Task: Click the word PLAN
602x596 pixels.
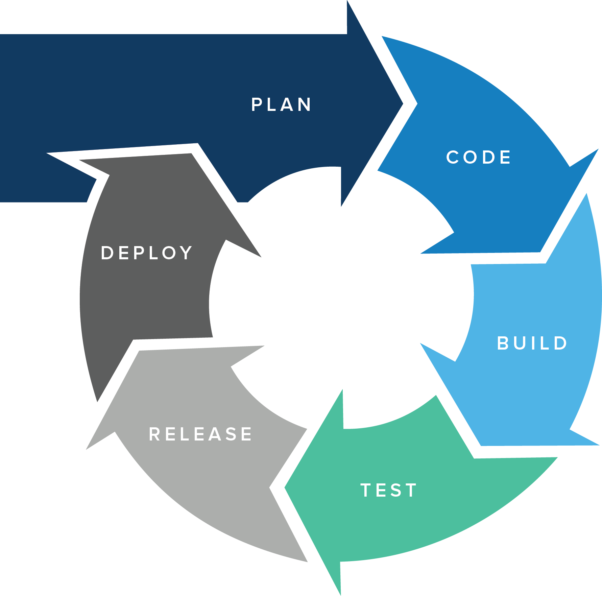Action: [x=281, y=105]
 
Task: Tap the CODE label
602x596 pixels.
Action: [x=478, y=158]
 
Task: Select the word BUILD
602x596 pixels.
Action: [x=532, y=343]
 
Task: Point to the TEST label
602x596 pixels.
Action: [x=389, y=491]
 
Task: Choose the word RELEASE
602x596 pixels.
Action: [x=201, y=434]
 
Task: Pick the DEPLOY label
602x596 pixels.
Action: [x=147, y=253]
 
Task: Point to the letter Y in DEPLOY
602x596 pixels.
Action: [x=186, y=253]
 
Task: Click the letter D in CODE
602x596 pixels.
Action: [x=488, y=158]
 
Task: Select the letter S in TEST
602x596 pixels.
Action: [x=396, y=491]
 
